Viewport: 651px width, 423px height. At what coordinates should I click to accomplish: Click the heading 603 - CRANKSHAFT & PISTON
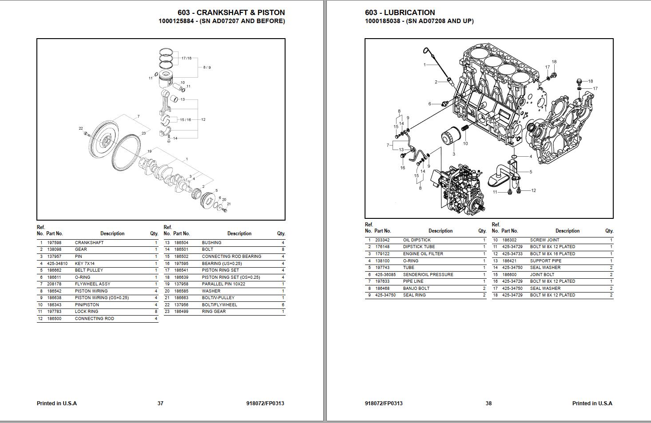tap(231, 12)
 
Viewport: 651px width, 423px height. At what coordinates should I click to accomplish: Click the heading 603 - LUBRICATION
tap(400, 12)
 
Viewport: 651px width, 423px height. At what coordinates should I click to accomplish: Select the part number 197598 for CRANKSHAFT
tap(54, 243)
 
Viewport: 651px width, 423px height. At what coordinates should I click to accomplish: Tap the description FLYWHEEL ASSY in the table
tap(92, 284)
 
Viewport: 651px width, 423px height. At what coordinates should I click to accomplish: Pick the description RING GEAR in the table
tap(214, 312)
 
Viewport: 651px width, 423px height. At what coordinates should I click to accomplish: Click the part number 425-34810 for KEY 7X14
tap(57, 264)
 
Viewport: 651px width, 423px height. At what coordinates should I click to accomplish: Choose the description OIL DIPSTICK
tap(417, 240)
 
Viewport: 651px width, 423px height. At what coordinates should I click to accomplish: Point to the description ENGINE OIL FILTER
tap(423, 254)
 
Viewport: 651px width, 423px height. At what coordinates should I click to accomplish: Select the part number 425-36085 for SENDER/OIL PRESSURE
tap(385, 275)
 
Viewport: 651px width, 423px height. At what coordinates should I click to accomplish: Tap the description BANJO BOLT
tap(416, 289)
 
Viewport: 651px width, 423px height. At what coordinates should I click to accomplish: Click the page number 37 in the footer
tap(160, 403)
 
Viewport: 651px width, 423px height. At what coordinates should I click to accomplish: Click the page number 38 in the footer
tap(488, 403)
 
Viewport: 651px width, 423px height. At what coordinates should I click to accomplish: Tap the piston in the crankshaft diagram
tap(166, 80)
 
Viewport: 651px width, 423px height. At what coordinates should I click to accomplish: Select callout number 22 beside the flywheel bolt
tap(81, 128)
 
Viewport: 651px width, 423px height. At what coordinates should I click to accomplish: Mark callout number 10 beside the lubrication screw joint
tap(465, 143)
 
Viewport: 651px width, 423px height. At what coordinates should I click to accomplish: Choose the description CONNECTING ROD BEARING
tap(231, 257)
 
